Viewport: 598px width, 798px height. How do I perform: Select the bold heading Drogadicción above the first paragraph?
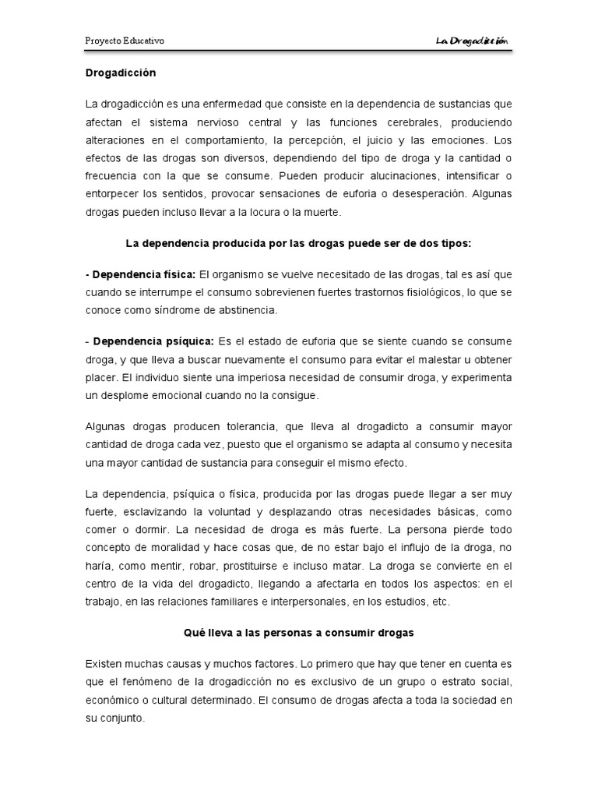[121, 73]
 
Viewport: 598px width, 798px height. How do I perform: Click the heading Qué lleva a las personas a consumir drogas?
[299, 634]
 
